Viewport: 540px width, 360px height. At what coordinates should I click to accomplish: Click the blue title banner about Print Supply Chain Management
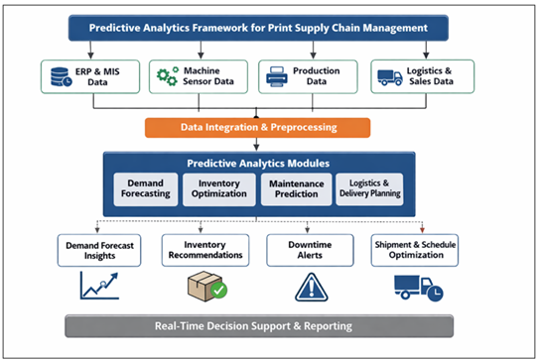click(269, 28)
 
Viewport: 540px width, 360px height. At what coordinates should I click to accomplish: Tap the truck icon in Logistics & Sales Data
click(389, 76)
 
